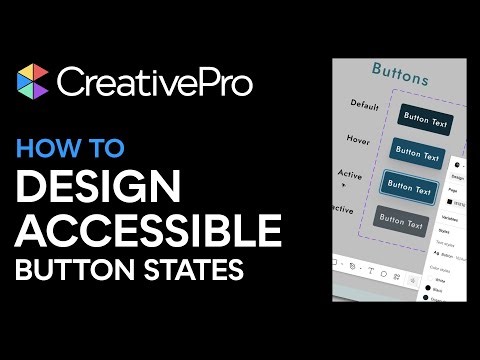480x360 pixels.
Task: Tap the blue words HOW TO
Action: click(70, 148)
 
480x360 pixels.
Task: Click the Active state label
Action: click(350, 174)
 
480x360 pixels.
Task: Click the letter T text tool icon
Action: click(372, 271)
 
